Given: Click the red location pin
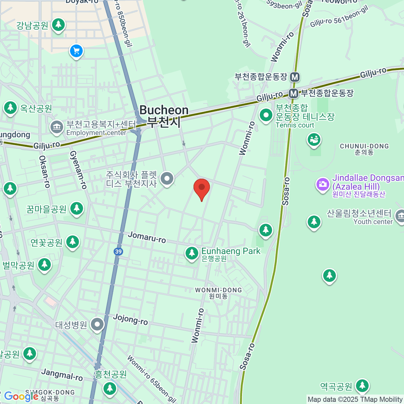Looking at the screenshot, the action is (202, 188).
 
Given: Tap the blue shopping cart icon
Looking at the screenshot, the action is (76, 51).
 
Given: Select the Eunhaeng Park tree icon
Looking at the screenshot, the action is (192, 253).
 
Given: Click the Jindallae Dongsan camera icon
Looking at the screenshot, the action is (323, 184).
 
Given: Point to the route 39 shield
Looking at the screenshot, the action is (118, 251).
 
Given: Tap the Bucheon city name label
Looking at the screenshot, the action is (164, 116).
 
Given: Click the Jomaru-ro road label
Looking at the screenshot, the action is (147, 237).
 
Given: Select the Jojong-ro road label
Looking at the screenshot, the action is (130, 319).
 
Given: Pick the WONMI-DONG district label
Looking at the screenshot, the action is (218, 293).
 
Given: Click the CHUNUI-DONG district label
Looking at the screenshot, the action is (364, 149).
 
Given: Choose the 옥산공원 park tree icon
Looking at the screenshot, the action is (10, 108).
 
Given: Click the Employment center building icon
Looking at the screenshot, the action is (57, 127).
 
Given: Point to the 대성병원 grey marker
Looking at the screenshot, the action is (97, 325).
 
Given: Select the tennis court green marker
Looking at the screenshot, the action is (266, 115).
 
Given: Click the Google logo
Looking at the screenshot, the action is (21, 397).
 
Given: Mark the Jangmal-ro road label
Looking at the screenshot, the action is (62, 374).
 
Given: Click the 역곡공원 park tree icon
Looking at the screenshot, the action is (362, 386).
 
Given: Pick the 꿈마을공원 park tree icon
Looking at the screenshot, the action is (77, 208).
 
